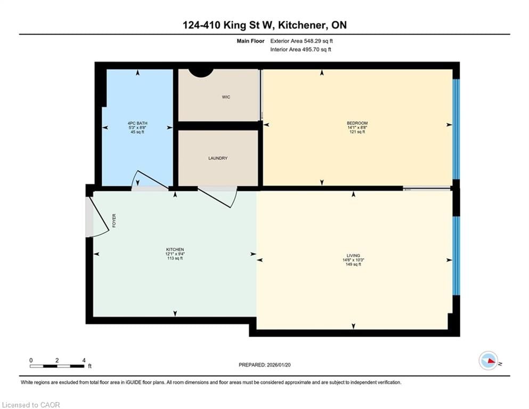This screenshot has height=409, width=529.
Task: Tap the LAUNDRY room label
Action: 218,158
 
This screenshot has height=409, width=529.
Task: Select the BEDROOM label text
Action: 357,124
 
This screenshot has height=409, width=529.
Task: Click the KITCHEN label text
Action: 175,250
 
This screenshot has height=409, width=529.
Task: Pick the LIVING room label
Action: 353,256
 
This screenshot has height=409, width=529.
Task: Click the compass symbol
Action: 489,361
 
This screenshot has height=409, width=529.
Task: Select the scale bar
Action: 57,366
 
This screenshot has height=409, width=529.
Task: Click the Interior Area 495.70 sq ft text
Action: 301,50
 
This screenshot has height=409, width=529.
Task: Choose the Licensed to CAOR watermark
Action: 31,405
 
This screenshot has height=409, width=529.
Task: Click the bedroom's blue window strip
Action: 455,129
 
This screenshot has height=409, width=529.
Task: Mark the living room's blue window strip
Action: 455,256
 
